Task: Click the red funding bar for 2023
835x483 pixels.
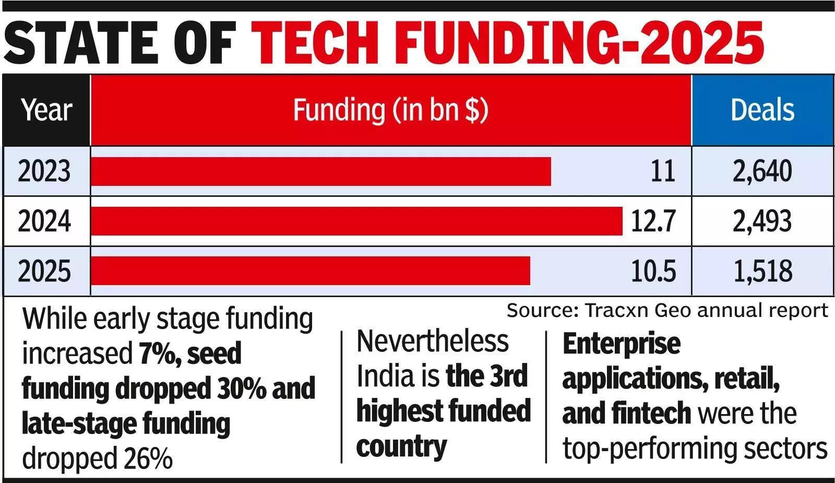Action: click(x=320, y=171)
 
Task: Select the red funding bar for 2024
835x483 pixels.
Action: click(x=356, y=221)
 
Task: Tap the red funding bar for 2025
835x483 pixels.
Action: click(x=310, y=271)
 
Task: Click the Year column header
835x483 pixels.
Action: click(x=46, y=110)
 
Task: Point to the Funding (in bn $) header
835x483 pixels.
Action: click(x=390, y=110)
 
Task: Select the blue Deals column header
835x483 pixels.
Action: click(x=762, y=110)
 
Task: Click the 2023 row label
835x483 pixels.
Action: click(x=44, y=171)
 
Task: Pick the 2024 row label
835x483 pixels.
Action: click(x=44, y=221)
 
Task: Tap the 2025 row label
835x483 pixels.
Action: click(x=44, y=271)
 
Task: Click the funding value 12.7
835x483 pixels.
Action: click(x=653, y=221)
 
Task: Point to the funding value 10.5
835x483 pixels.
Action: click(x=653, y=271)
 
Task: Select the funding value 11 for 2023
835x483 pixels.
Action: click(x=663, y=171)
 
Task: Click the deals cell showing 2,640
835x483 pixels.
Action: click(x=762, y=171)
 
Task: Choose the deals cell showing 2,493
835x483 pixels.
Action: click(x=762, y=221)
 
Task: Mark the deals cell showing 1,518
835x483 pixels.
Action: click(x=762, y=271)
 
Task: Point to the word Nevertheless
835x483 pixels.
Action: click(x=433, y=342)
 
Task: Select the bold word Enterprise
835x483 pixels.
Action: click(x=622, y=344)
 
